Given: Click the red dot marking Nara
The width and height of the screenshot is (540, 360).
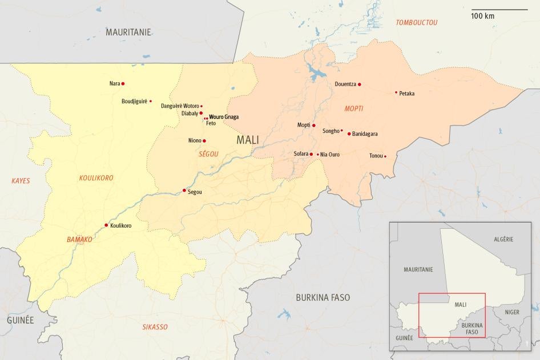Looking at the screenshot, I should [123, 83].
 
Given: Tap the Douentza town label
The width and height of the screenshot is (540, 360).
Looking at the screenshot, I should [345, 84].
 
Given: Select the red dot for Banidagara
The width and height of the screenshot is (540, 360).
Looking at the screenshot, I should [349, 134].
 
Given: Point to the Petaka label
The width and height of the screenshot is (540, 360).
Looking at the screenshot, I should [407, 93].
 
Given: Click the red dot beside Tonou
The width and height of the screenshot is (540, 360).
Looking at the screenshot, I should [385, 156].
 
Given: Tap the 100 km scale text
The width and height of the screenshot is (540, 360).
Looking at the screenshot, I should [483, 16].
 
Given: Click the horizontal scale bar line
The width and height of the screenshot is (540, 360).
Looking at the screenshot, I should [499, 9].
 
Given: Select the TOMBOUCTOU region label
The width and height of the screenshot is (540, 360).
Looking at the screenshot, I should [417, 22].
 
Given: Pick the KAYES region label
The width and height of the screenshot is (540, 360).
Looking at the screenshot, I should [21, 181].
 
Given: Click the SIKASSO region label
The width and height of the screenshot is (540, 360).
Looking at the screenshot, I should [155, 327].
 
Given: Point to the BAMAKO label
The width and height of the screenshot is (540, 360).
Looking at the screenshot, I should [79, 240].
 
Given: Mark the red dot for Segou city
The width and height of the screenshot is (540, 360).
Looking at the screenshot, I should [184, 190].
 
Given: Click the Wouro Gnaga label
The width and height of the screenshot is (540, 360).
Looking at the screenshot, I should [224, 117].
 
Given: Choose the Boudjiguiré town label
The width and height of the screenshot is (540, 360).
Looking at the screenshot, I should [134, 102].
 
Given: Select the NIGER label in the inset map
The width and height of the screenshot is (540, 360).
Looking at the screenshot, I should [512, 312].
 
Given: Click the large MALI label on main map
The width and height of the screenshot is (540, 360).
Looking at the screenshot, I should [247, 140].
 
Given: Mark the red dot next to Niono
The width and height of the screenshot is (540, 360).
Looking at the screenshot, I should [204, 141].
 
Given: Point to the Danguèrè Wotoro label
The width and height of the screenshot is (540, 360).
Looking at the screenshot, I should [180, 106].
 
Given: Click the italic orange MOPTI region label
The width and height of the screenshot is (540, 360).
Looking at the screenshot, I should [354, 108].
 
